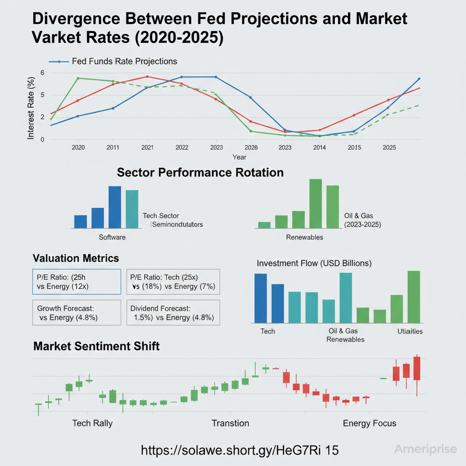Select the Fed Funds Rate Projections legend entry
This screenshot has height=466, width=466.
click(x=124, y=61)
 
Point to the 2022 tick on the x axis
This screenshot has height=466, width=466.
click(x=182, y=147)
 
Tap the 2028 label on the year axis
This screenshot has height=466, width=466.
click(x=251, y=147)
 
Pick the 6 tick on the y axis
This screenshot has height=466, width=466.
click(x=42, y=73)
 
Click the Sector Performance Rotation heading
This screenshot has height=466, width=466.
click(x=200, y=173)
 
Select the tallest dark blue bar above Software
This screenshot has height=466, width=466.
click(x=115, y=207)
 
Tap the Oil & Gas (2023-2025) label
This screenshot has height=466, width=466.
click(x=363, y=220)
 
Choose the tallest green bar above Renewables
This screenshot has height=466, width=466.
click(x=315, y=203)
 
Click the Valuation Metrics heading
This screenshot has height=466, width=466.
click(x=76, y=258)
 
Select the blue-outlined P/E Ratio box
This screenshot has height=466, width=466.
click(x=76, y=282)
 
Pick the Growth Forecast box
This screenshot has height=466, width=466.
click(x=76, y=313)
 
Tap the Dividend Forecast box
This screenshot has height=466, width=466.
click(x=172, y=313)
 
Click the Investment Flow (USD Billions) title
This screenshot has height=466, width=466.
click(x=314, y=263)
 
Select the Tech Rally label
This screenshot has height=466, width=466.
click(x=92, y=423)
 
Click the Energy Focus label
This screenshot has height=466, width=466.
click(x=369, y=423)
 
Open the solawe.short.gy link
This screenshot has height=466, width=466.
click(x=240, y=450)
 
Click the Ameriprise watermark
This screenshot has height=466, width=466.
click(x=425, y=450)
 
